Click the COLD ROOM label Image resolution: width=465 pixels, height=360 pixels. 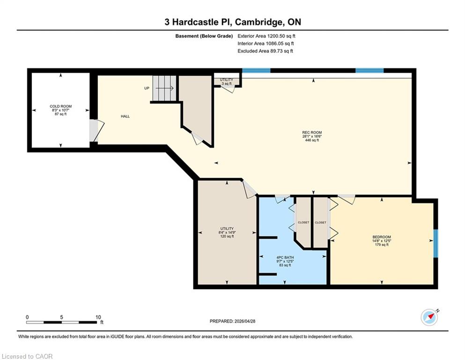pyautogui.click(x=60, y=106)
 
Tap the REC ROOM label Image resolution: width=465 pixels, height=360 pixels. pyautogui.click(x=312, y=132)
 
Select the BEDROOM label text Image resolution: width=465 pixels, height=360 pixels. pyautogui.click(x=382, y=237)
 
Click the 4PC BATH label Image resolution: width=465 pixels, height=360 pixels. pyautogui.click(x=285, y=257)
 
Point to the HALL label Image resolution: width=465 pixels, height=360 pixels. pyautogui.click(x=125, y=116)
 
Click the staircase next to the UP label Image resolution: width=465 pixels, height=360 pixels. pyautogui.click(x=164, y=88)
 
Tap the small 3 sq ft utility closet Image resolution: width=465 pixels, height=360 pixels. pyautogui.click(x=227, y=82)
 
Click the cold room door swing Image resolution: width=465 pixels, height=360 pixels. pyautogui.click(x=97, y=131)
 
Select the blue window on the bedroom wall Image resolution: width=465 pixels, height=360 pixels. pyautogui.click(x=435, y=243)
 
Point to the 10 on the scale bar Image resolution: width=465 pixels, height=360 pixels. pyautogui.click(x=98, y=317)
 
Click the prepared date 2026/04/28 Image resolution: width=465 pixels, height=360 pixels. pyautogui.click(x=244, y=321)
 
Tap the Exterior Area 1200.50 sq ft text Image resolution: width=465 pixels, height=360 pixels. pyautogui.click(x=266, y=36)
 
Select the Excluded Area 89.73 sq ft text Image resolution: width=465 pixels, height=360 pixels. pyautogui.click(x=265, y=51)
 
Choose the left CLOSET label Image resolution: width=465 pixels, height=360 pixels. pyautogui.click(x=303, y=222)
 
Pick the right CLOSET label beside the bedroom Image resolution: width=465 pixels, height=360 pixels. pyautogui.click(x=320, y=222)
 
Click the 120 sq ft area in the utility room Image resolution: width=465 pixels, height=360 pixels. pyautogui.click(x=227, y=237)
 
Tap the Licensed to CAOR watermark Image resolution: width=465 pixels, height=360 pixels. pyautogui.click(x=27, y=356)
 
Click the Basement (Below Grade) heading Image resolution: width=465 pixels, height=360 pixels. pyautogui.click(x=204, y=36)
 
